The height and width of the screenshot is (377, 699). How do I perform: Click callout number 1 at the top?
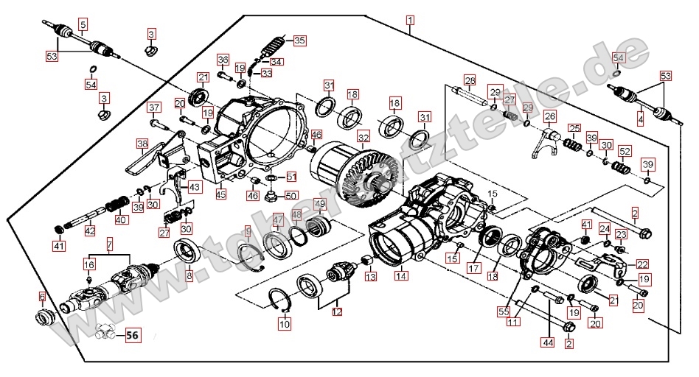pyautogui.click(x=410, y=20)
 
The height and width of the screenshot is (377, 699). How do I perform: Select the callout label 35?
pyautogui.click(x=299, y=40)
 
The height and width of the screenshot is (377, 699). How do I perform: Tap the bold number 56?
pyautogui.click(x=132, y=335)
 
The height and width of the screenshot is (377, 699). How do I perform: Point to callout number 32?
pyautogui.click(x=364, y=137)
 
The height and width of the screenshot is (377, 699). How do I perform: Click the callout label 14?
pyautogui.click(x=401, y=276)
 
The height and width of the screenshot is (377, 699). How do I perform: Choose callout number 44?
pyautogui.click(x=548, y=342)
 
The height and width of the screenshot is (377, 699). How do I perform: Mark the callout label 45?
pyautogui.click(x=221, y=194)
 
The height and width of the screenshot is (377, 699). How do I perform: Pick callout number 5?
pyautogui.click(x=83, y=25)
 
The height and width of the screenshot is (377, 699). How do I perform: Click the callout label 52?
pyautogui.click(x=625, y=151)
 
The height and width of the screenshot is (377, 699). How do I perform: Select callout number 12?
pyautogui.click(x=337, y=311)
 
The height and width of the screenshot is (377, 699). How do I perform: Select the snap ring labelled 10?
pyautogui.click(x=280, y=301)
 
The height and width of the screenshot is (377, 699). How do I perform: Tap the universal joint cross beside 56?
pyautogui.click(x=104, y=334)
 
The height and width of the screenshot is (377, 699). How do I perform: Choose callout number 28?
pyautogui.click(x=470, y=80)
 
